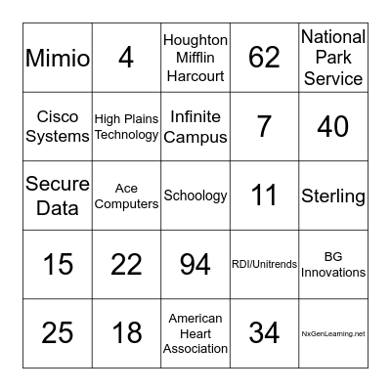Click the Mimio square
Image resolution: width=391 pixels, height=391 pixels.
click(x=58, y=58)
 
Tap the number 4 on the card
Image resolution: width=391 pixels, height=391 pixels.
click(x=126, y=58)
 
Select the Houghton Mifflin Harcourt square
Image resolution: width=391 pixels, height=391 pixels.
click(x=195, y=58)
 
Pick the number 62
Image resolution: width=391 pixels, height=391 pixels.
click(x=264, y=58)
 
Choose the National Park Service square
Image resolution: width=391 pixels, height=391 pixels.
click(x=333, y=58)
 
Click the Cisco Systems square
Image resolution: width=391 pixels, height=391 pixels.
click(x=58, y=127)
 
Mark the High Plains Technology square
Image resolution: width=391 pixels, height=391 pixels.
click(x=126, y=127)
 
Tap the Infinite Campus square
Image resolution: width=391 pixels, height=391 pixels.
click(x=195, y=127)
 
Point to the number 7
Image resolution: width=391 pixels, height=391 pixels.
click(x=264, y=127)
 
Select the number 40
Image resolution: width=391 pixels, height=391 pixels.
click(x=333, y=127)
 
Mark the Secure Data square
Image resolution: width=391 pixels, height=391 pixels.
click(x=58, y=195)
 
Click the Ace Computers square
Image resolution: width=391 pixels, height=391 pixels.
click(x=126, y=195)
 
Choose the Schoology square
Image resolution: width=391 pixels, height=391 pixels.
click(x=195, y=195)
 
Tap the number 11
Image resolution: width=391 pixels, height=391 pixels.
click(x=264, y=195)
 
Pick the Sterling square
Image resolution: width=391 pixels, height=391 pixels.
click(x=333, y=195)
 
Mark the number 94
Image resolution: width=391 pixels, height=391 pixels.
click(x=195, y=264)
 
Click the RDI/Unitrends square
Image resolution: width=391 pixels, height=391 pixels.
click(x=264, y=264)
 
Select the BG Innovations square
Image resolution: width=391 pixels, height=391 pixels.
click(x=333, y=264)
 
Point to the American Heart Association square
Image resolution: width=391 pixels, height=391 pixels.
click(x=195, y=333)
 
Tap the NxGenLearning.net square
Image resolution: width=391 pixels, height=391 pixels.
click(x=333, y=333)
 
